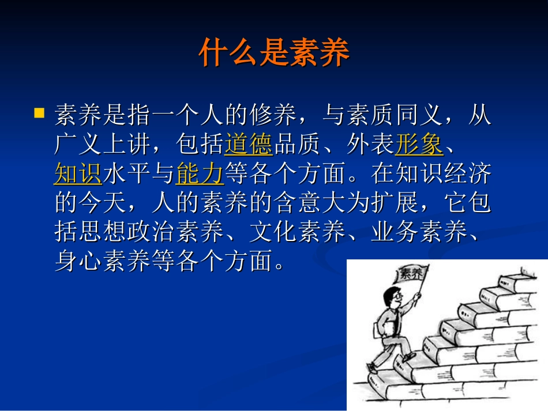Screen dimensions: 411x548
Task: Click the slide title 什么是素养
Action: coord(274,54)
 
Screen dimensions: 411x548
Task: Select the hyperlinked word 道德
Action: coord(249,144)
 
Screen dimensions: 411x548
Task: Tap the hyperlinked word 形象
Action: coord(419,144)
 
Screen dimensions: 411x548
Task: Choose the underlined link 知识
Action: coord(78,174)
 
